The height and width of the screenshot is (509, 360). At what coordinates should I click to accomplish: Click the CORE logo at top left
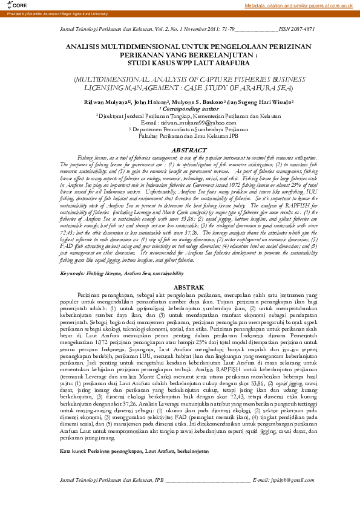coord(14,5)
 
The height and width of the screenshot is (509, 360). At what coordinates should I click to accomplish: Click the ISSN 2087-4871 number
coord(297,28)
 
